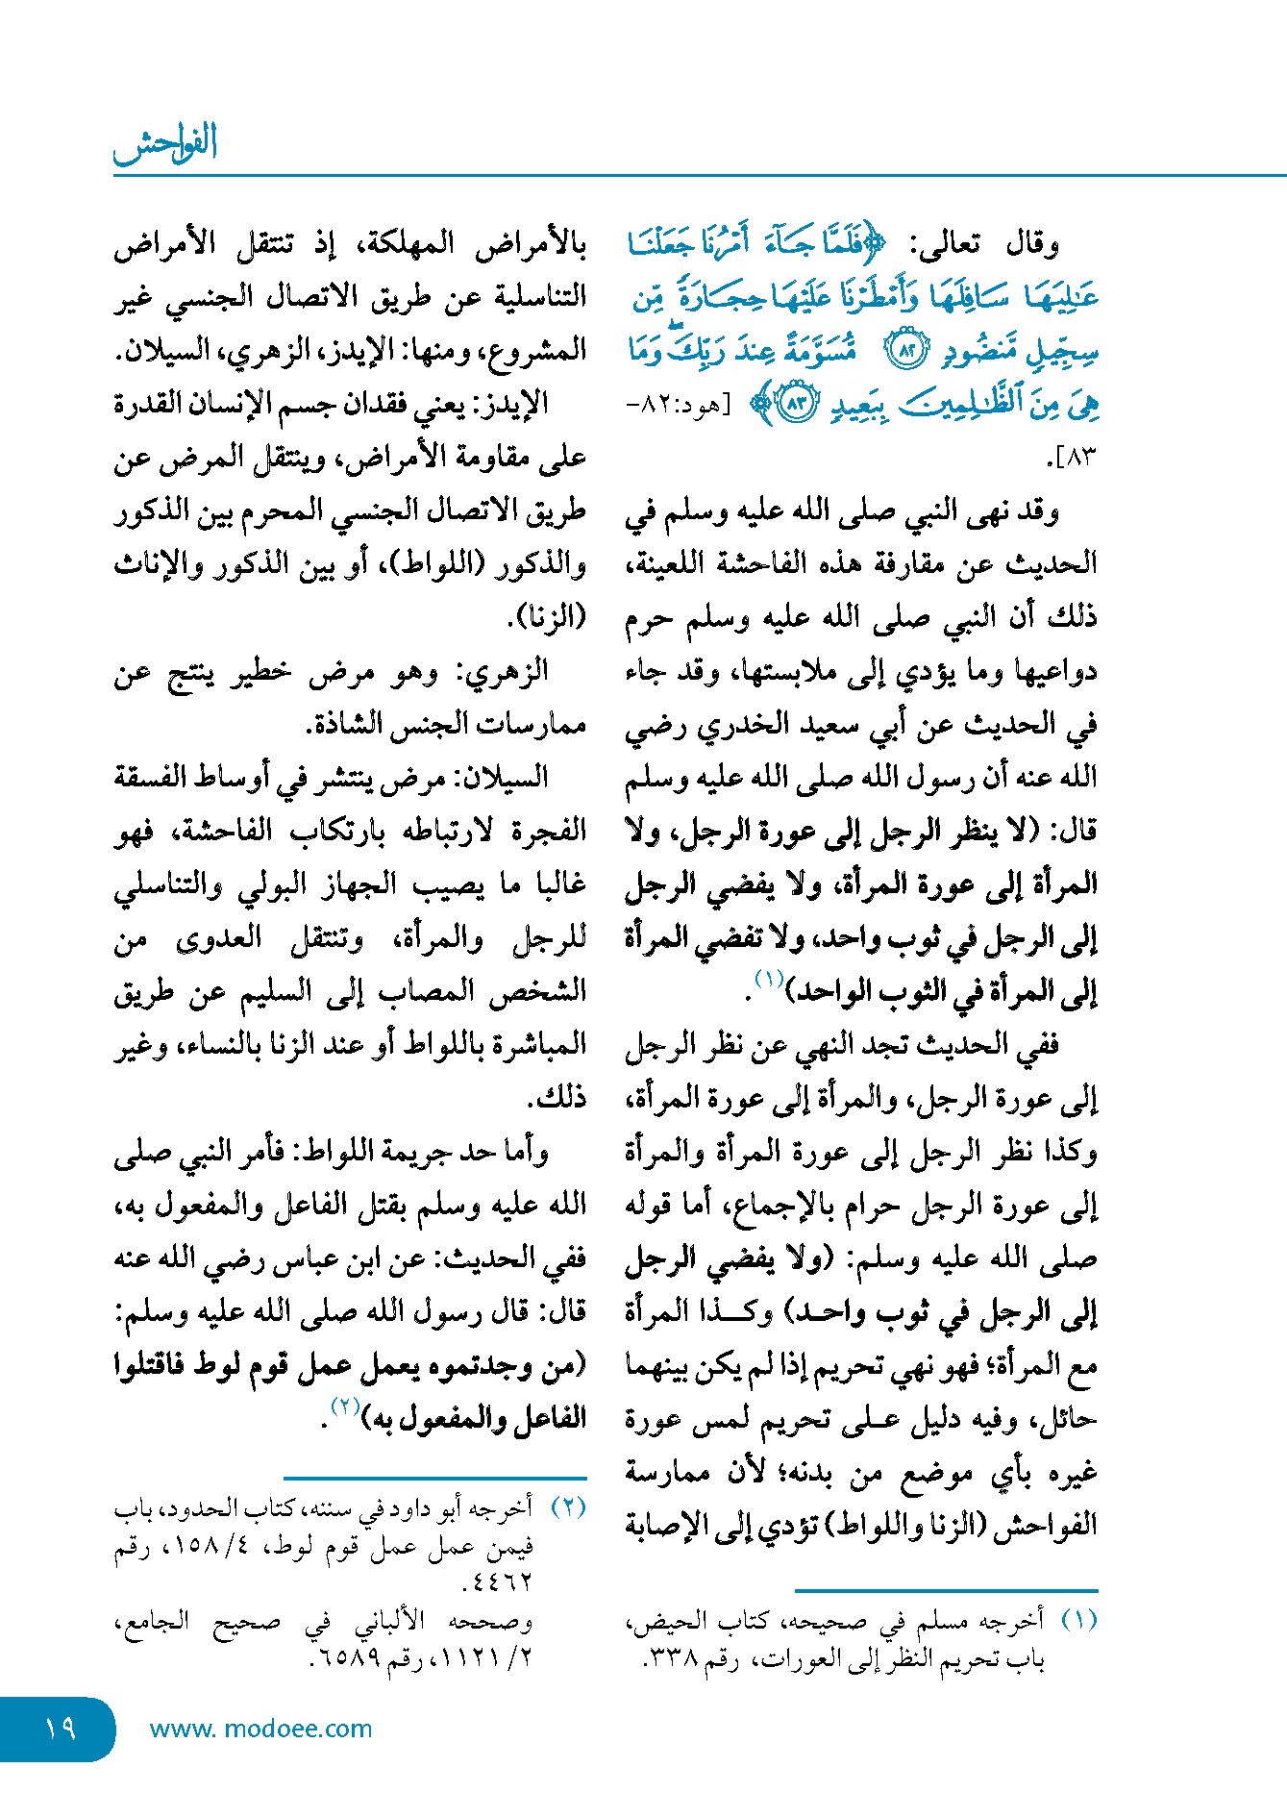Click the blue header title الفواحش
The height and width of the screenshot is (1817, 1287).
165,144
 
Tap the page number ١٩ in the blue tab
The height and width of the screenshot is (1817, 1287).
60,1729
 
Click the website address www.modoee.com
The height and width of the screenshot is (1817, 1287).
260,1729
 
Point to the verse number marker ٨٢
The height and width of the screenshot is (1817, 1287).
906,352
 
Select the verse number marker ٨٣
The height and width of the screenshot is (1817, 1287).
797,405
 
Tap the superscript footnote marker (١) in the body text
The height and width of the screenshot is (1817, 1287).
769,980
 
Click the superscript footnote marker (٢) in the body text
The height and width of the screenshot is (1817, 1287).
344,1406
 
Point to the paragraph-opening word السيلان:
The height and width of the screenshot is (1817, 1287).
500,777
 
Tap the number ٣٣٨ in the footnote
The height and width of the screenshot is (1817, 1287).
672,1659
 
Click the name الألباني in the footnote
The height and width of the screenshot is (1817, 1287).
389,1622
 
